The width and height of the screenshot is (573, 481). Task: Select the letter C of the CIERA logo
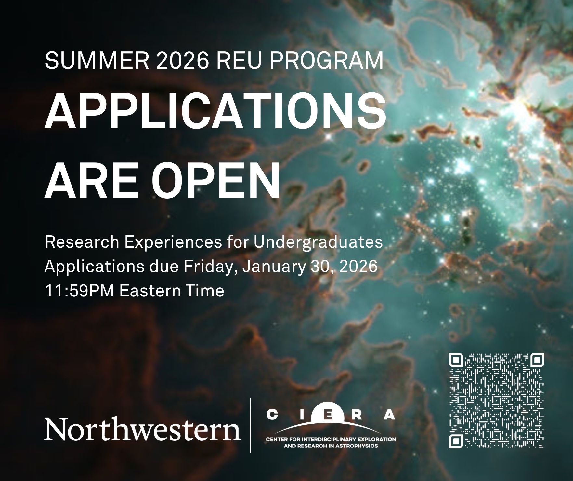point(271,415)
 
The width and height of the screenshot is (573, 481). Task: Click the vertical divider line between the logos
point(250,425)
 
